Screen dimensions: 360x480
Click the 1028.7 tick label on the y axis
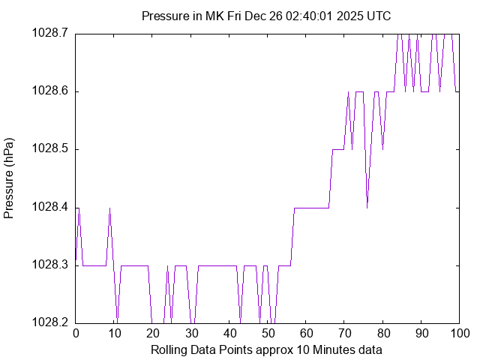[49, 33]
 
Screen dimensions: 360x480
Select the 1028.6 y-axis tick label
[49, 91]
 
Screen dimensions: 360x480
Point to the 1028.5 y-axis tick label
[49, 149]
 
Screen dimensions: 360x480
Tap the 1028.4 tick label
[49, 207]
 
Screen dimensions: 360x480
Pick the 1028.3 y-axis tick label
[49, 265]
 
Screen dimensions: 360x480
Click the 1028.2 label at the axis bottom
[49, 322]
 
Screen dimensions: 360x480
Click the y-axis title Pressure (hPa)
[9, 178]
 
